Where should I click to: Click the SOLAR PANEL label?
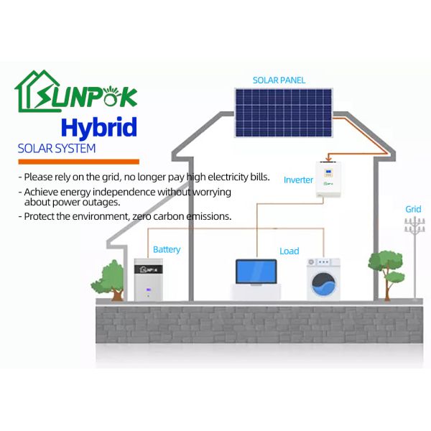click(x=279, y=80)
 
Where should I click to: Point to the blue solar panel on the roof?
click(x=282, y=111)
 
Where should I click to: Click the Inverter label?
click(x=298, y=180)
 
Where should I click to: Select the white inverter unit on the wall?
click(x=331, y=180)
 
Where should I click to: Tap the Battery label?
click(x=166, y=249)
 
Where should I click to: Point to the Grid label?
click(x=412, y=209)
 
